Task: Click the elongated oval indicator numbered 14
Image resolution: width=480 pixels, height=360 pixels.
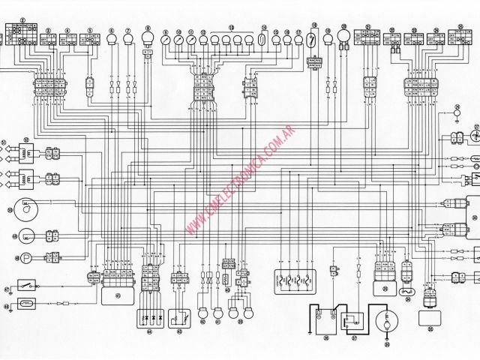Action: tap(263, 41)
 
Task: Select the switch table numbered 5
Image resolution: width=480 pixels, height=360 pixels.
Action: tap(91, 40)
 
